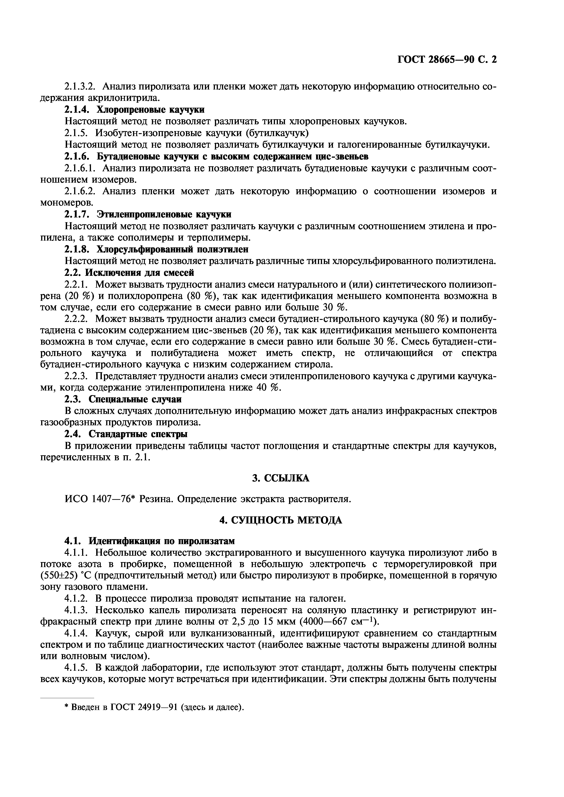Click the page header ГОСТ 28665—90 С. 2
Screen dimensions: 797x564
447,60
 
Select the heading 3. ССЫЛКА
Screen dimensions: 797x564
280,478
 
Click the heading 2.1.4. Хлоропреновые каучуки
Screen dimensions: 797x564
134,110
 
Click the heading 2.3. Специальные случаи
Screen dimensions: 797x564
123,400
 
